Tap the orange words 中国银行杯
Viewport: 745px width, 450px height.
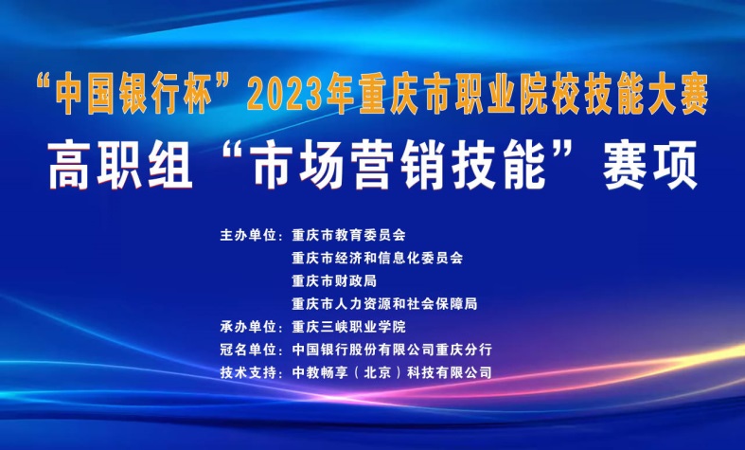(x=134, y=93)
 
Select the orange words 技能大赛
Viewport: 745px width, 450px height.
(x=647, y=93)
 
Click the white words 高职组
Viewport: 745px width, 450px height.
(x=120, y=165)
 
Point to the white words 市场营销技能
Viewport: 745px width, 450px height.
(x=399, y=165)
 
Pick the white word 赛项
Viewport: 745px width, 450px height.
(x=650, y=165)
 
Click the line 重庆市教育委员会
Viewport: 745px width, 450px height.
(x=348, y=235)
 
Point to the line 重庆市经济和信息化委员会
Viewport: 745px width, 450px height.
(x=378, y=258)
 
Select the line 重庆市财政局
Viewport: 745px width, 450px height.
(x=334, y=280)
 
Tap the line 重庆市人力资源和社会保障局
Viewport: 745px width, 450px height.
(x=384, y=303)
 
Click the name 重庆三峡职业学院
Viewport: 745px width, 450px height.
(x=348, y=327)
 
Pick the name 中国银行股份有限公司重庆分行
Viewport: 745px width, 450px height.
(x=392, y=350)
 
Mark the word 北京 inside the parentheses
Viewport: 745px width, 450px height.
(x=378, y=372)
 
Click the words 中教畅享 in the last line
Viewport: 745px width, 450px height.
(x=320, y=372)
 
